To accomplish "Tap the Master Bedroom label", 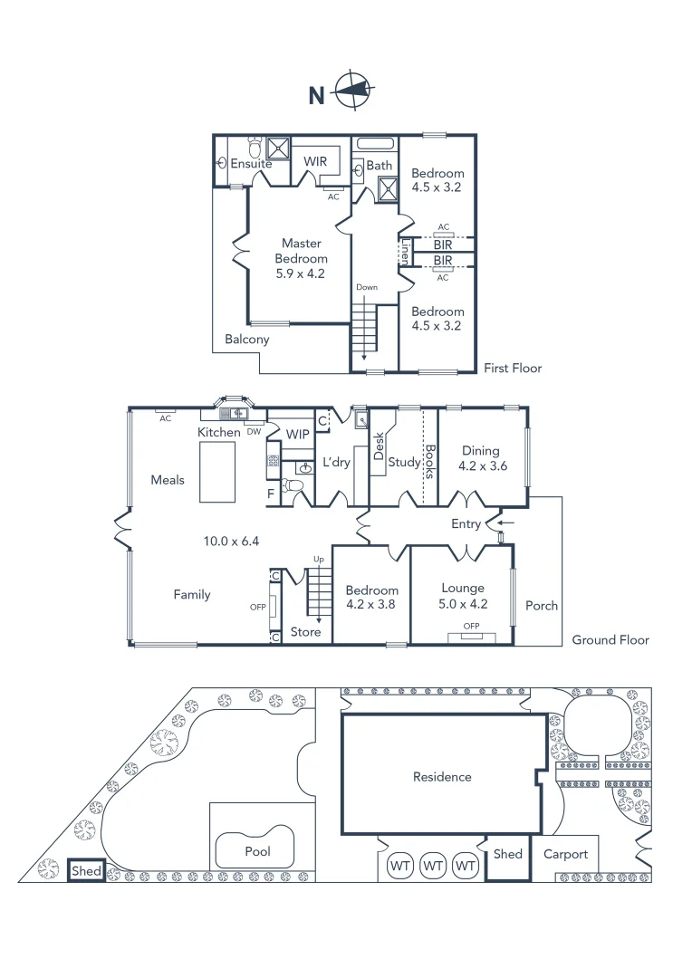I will point(302,258).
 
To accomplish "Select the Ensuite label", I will point(251,164).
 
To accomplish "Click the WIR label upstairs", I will point(315,161).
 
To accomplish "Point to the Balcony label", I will point(247,340).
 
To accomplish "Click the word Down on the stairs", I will point(367,287).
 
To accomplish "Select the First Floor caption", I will point(513,369).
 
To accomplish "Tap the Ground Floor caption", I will point(610,640).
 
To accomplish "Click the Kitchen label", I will point(219,433).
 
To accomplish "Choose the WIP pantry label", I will point(297,435).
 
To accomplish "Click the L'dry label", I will point(337,464).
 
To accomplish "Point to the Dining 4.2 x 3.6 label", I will point(481,459).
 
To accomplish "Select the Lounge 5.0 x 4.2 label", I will point(463,595).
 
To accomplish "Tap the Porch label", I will point(543,606).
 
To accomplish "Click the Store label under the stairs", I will point(305,632).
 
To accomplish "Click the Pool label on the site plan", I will point(257,852).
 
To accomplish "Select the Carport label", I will point(565,854).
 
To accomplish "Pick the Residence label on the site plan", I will point(442,777).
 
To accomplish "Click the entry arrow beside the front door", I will point(505,522).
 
